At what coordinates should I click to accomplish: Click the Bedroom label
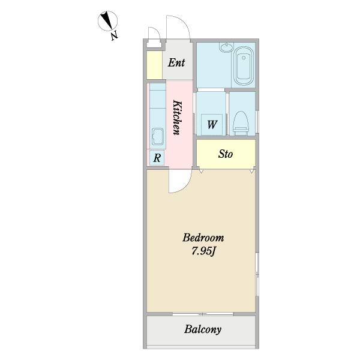pyautogui.click(x=203, y=238)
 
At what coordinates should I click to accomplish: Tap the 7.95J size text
pyautogui.click(x=203, y=251)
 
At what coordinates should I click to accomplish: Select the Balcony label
pyautogui.click(x=203, y=329)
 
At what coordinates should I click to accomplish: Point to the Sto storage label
pyautogui.click(x=226, y=154)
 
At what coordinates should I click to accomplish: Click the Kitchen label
pyautogui.click(x=177, y=117)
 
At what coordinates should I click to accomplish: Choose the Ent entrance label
pyautogui.click(x=176, y=62)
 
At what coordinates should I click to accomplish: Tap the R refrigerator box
pyautogui.click(x=157, y=158)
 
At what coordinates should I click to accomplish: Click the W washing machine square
pyautogui.click(x=212, y=124)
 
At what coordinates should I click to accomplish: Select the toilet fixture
pyautogui.click(x=241, y=123)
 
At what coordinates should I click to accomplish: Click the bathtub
pyautogui.click(x=244, y=66)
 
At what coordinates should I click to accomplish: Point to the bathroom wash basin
pyautogui.click(x=227, y=47)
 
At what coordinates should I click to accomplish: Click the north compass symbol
pyautogui.click(x=107, y=20)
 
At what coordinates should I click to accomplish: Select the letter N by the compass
pyautogui.click(x=115, y=36)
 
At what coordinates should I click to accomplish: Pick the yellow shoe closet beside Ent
pyautogui.click(x=155, y=65)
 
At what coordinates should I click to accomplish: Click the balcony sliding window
pyautogui.click(x=203, y=314)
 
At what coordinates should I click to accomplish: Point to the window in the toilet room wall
pyautogui.click(x=257, y=122)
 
